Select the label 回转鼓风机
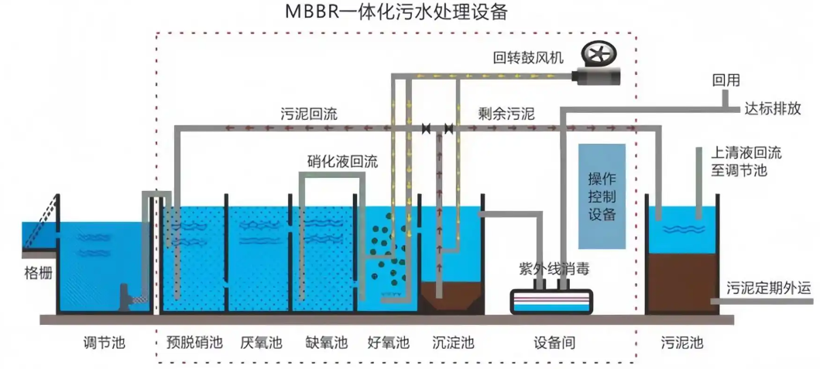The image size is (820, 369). coord(528,57)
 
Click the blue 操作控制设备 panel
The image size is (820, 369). coord(602,196)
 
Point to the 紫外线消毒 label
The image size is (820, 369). coord(550,268)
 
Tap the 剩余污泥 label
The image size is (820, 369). coord(506,114)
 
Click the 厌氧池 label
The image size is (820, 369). coord(260,342)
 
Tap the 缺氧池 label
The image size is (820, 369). coord(326,342)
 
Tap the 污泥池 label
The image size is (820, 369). coord(682,342)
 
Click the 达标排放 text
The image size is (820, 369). coord(772,108)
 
